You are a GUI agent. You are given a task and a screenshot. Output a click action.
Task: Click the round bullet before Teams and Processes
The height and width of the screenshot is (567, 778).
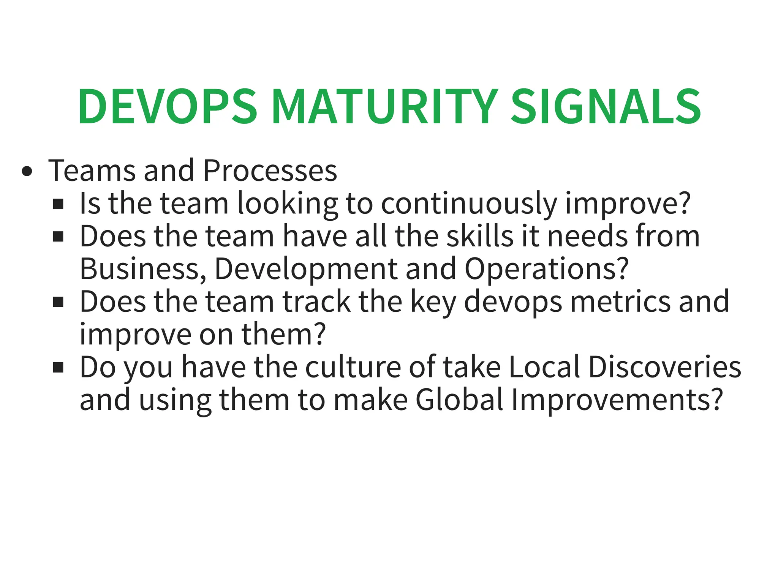click(27, 171)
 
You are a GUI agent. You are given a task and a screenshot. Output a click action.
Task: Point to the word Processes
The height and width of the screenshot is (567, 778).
click(270, 171)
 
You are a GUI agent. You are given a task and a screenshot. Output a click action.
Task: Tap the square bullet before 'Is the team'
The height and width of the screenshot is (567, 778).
click(58, 204)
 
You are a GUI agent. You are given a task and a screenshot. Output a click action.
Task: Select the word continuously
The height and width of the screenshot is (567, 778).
click(469, 204)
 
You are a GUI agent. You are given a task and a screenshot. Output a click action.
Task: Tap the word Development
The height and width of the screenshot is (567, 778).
click(306, 269)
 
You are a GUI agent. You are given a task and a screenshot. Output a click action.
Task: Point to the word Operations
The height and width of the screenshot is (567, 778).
click(541, 269)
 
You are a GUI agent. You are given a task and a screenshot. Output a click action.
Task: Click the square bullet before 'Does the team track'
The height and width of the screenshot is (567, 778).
click(58, 302)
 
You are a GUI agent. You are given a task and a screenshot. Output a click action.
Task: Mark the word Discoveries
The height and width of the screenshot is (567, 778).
click(664, 367)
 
